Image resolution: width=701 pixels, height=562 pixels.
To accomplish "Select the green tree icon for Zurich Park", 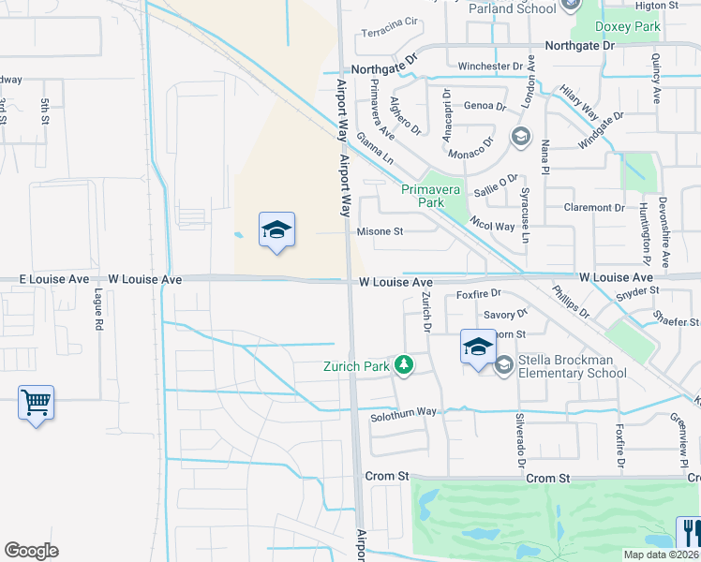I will pos(404,364).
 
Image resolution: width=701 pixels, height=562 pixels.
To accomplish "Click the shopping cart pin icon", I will pos(36,403).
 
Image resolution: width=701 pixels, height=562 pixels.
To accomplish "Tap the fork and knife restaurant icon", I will pos(689,533).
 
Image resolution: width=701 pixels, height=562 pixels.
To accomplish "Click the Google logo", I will pos(32,550).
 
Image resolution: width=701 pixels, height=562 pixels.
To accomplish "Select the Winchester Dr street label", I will pos(490,67).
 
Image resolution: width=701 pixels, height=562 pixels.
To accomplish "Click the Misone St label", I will pos(380,231).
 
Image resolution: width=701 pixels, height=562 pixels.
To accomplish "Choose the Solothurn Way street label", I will pos(403,412).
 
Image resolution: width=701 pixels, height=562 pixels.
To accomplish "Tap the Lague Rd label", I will pos(97,311).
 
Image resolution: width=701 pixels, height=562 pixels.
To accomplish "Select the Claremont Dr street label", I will pos(594,207).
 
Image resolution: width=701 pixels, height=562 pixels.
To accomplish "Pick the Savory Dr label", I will pos(506,315).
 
